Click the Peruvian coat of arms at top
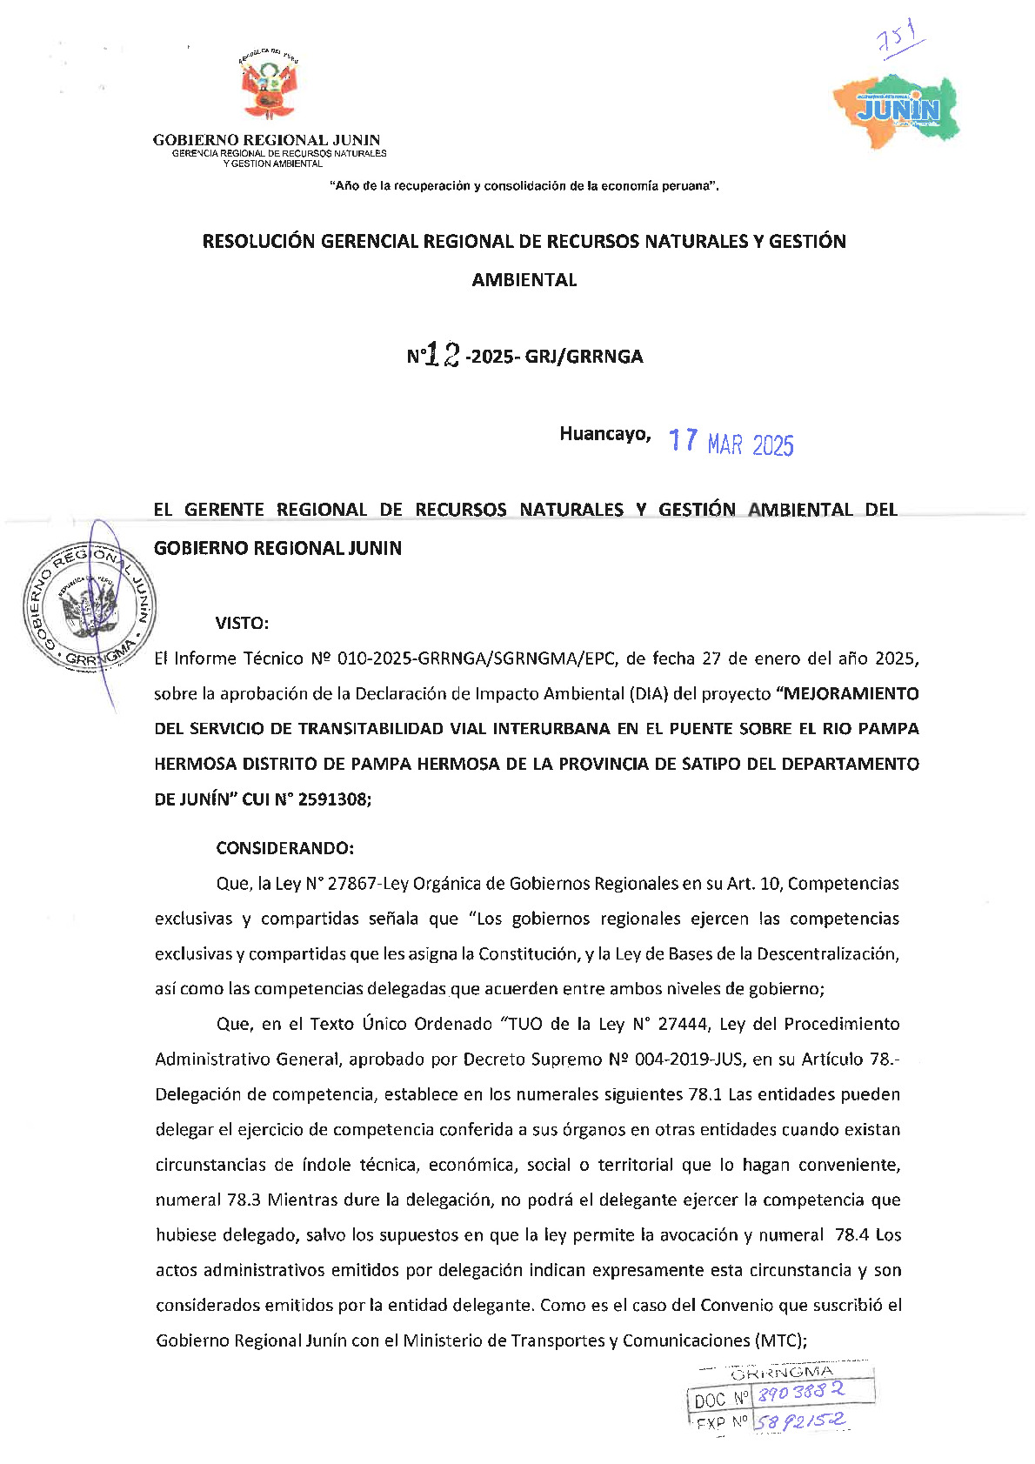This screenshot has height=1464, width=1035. pos(268,84)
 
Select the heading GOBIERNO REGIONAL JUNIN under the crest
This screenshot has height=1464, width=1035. pos(266,139)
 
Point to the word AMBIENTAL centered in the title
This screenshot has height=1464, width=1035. pos(524,280)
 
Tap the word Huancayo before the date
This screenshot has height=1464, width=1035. pos(604,434)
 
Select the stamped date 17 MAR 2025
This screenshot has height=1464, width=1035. pos(731,443)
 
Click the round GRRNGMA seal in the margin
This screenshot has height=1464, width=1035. pos(90,606)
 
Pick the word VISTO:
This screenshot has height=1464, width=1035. pos(242,623)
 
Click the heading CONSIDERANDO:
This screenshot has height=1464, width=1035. pos(284,848)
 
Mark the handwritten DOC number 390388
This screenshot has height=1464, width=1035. pos(799,1393)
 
